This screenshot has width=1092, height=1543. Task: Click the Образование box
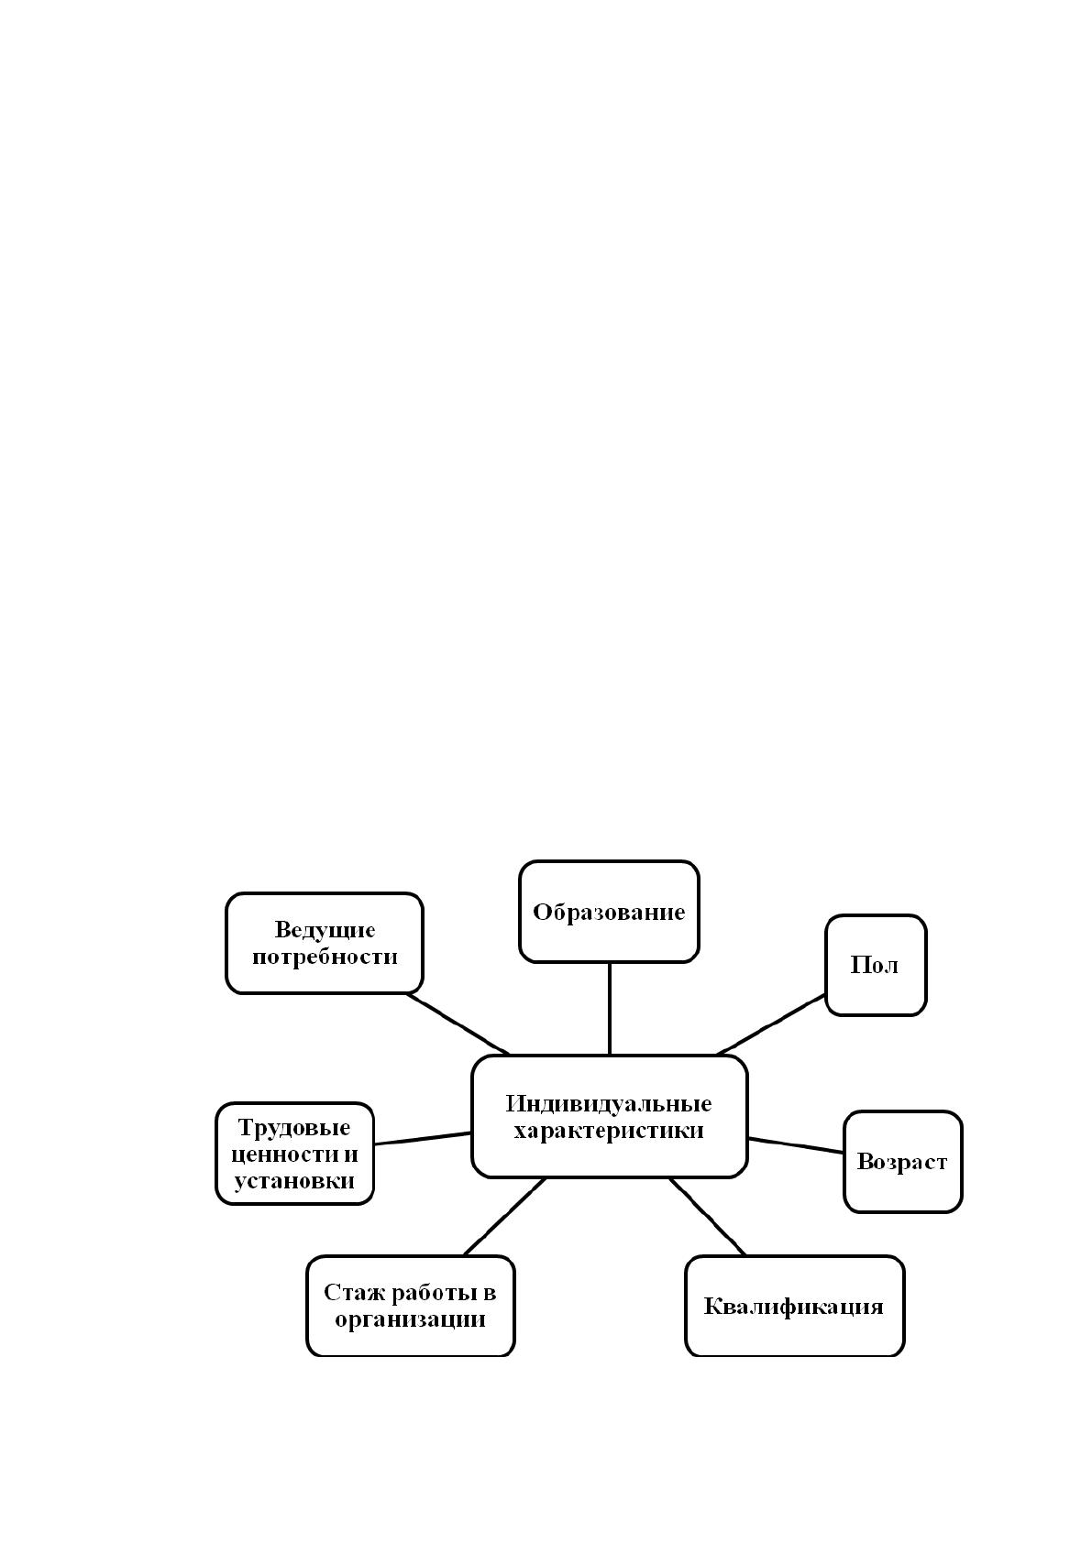609,912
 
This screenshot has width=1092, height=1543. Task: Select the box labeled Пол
876,965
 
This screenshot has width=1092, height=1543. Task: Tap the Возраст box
902,1162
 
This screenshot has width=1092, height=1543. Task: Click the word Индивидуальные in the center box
609,1103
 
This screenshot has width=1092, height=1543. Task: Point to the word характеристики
609,1131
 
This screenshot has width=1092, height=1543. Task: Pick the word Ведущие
325,930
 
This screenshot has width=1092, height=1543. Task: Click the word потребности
325,957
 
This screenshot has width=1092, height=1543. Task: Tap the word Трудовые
294,1128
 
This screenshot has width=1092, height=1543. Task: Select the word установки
294,1181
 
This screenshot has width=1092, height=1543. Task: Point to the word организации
410,1319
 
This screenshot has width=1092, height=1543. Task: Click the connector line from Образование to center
610,1009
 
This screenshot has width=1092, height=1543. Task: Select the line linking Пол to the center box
771,1024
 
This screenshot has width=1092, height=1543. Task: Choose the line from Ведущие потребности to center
458,1024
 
